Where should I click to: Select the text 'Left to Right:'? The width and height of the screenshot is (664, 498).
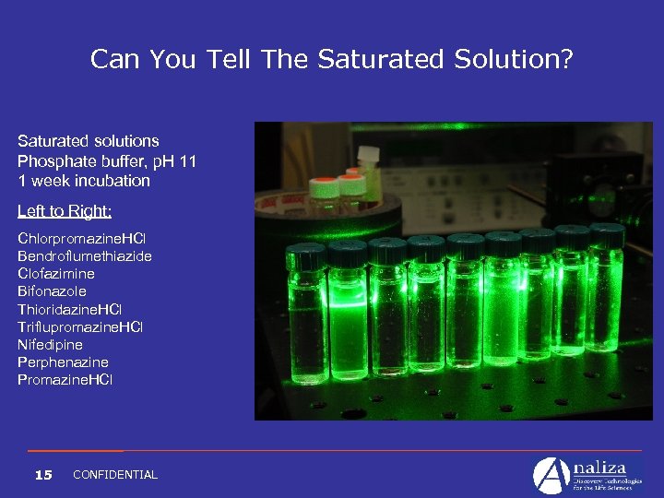65,211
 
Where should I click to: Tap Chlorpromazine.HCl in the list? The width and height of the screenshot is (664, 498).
79,238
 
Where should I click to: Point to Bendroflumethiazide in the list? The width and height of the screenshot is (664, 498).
85,255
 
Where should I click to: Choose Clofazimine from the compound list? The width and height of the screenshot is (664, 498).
56,273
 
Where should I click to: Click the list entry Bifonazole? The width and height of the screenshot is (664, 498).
52,291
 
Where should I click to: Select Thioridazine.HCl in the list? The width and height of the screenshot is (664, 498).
69,309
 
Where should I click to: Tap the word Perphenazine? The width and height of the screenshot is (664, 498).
63,362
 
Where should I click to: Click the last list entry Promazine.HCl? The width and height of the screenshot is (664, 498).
65,380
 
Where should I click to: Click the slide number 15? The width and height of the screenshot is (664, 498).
42,475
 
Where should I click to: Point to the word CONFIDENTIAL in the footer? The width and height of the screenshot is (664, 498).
115,475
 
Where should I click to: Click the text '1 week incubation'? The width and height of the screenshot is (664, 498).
84,181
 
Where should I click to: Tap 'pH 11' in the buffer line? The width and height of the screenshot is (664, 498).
174,161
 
